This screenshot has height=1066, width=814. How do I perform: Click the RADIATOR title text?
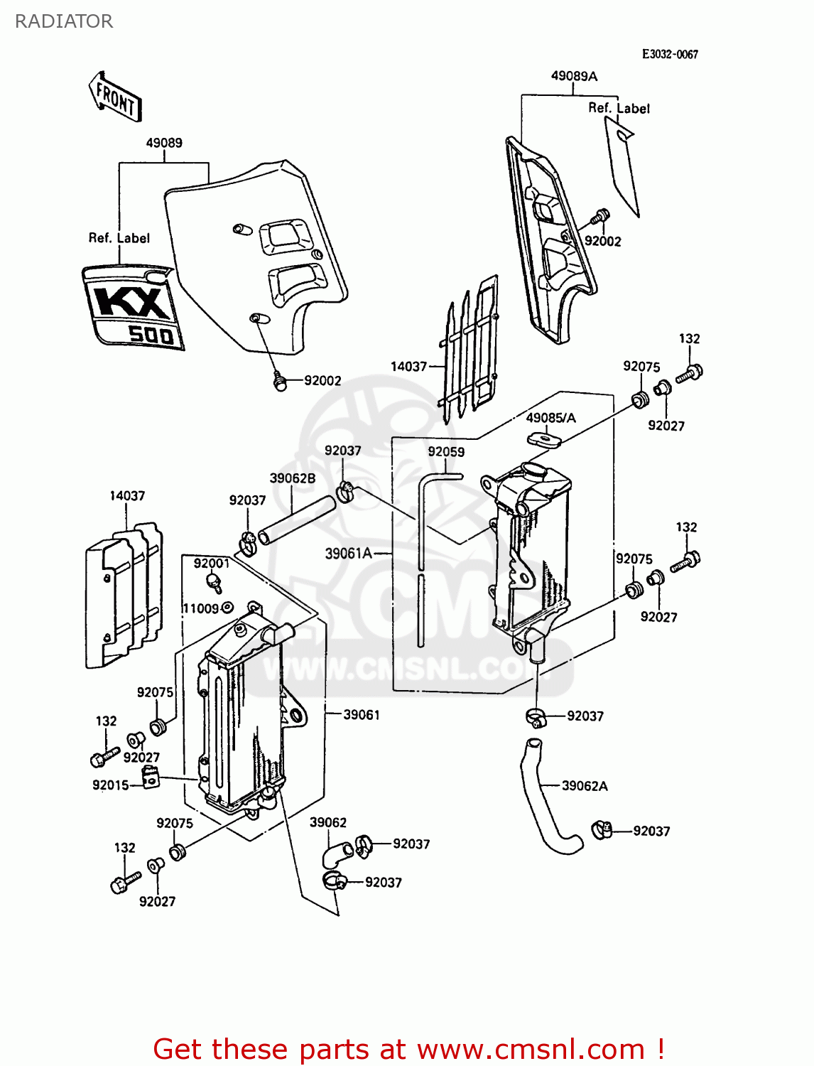[x=63, y=21]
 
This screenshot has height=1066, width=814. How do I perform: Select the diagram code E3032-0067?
[x=669, y=54]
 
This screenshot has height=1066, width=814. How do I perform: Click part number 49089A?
[x=574, y=76]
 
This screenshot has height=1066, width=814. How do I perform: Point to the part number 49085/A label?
[x=550, y=418]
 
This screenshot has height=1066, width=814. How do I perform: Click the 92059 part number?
[x=446, y=452]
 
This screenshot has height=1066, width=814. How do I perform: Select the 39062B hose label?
[x=292, y=478]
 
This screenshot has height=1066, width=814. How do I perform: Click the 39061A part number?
[x=348, y=553]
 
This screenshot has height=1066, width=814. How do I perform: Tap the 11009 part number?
[x=200, y=608]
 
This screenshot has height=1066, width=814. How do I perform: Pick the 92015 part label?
[x=110, y=785]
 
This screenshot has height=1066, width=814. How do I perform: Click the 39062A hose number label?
[x=585, y=786]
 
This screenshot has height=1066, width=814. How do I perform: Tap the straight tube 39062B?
[x=297, y=520]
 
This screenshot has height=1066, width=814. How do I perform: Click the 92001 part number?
[x=211, y=564]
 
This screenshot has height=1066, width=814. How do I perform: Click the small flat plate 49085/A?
[x=544, y=438]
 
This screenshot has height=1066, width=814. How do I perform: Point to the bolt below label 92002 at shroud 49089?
[x=280, y=384]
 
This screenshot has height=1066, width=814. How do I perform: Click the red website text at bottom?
[x=408, y=1049]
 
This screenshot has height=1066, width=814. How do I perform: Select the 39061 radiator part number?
[x=362, y=715]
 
